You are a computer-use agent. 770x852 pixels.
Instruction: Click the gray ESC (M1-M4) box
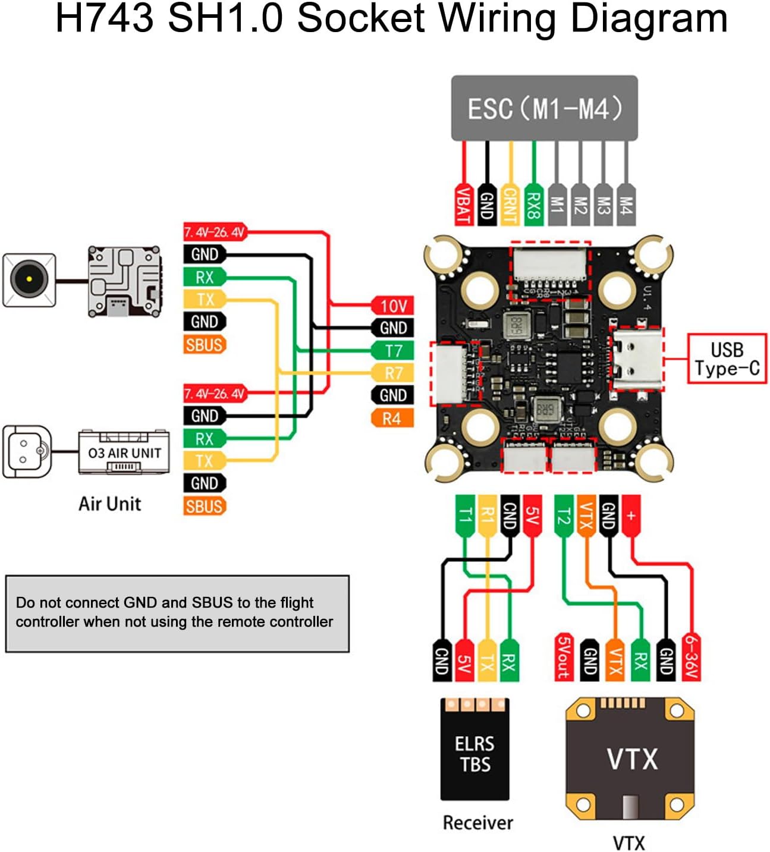(x=544, y=108)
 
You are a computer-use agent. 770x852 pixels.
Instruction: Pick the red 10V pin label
(x=392, y=306)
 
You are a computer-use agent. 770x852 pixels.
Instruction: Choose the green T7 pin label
(x=392, y=351)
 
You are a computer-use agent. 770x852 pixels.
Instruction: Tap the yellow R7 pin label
(x=392, y=373)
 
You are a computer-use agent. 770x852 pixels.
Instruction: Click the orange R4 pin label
(x=391, y=419)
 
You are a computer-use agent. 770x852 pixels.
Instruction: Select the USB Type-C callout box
(x=727, y=359)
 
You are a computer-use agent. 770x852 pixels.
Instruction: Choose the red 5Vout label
(x=564, y=657)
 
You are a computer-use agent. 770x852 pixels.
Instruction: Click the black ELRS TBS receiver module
(x=474, y=749)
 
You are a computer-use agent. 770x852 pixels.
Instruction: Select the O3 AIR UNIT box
(x=124, y=453)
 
